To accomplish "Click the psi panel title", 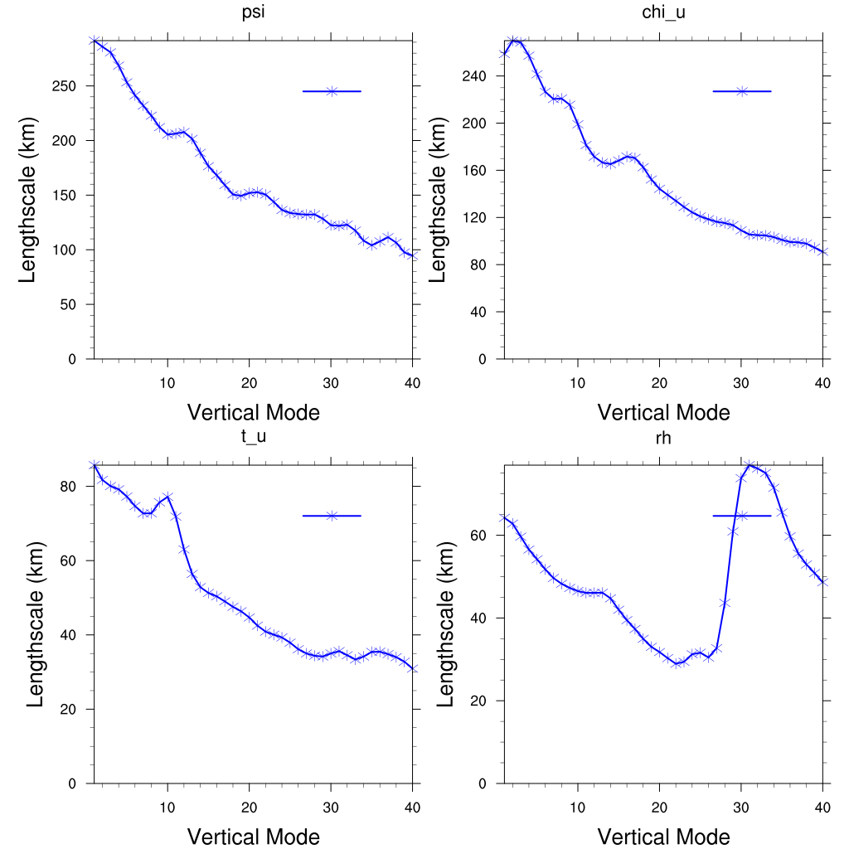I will tap(253, 12).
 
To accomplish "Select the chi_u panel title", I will tap(663, 12).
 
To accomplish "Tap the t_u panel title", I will tap(253, 437).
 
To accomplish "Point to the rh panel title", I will tap(663, 437).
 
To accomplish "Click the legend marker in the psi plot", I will tap(332, 91).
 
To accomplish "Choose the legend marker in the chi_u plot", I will tap(742, 91).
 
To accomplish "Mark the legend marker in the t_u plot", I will tap(332, 516).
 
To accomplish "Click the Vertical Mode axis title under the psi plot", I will tap(253, 412).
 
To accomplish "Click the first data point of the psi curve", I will tap(94, 41).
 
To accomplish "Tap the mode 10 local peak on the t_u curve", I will tap(167, 497).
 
